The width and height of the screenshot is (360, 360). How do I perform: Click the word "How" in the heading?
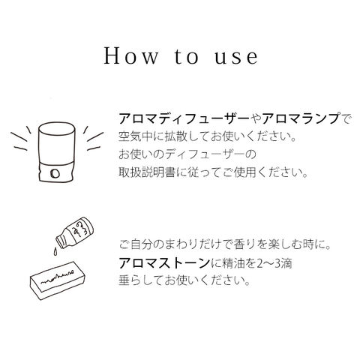coord(130,56)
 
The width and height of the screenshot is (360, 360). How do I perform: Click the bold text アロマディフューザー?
coord(184,118)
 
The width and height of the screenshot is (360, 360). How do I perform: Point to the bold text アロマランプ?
coord(301,118)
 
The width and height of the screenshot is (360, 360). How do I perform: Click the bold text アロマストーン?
coord(164,263)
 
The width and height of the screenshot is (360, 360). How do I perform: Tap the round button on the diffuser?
coord(55,173)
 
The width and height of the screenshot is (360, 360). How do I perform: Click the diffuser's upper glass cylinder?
coord(57,142)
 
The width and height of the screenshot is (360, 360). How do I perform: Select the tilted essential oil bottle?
coord(75,232)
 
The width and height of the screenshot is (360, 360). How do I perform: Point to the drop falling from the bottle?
coord(55,251)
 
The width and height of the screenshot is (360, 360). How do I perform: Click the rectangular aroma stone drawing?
coord(58,280)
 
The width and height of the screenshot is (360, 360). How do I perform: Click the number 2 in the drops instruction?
coord(260,263)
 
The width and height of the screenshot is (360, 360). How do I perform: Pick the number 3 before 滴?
coord(277,263)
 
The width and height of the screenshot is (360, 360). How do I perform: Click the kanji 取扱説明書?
coord(147,172)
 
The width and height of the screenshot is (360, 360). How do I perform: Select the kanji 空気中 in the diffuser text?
coord(136,136)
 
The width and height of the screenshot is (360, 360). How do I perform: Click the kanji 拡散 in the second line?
coord(175,136)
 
